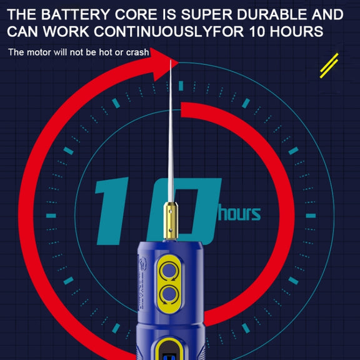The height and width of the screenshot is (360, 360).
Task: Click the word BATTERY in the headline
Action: (76, 14)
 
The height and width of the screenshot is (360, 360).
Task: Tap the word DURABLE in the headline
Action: (272, 14)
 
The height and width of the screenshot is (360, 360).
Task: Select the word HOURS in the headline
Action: (296, 31)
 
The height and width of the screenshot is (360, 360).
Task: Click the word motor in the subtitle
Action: (39, 52)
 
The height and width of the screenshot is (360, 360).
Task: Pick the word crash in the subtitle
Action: (137, 52)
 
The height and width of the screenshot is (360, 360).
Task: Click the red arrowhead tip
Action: (178, 62)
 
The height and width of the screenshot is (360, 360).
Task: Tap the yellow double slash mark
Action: (329, 66)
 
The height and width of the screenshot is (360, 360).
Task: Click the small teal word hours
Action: (239, 212)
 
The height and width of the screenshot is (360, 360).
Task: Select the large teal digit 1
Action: (112, 211)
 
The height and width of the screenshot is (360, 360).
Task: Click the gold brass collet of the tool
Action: (171, 221)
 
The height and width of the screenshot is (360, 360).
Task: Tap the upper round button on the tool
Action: (169, 271)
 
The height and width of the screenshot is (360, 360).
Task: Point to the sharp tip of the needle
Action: (171, 61)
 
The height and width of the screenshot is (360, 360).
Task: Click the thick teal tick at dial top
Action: (181, 86)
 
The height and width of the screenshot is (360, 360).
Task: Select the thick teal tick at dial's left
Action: (51, 216)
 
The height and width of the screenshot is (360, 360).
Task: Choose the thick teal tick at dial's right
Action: (311, 216)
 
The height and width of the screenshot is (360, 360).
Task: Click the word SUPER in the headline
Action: (207, 14)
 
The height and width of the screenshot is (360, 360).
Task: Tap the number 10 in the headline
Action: (257, 31)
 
